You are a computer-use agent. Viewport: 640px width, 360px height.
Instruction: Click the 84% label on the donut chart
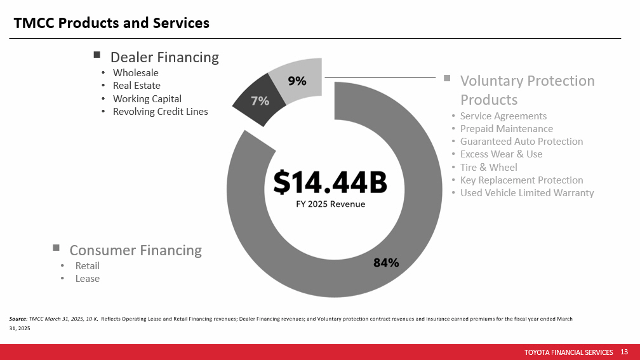386,263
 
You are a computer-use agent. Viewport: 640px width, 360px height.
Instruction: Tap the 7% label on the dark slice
260,101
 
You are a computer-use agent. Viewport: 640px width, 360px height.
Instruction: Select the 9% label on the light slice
297,81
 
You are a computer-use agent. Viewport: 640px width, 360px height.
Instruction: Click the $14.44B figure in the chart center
330,182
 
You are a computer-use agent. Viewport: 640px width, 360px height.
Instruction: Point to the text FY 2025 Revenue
331,204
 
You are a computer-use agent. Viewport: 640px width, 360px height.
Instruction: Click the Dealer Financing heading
164,58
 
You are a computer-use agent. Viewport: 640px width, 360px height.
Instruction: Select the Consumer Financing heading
135,250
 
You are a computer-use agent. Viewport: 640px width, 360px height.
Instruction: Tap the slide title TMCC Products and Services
112,23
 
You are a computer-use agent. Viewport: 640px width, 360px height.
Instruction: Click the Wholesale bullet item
135,72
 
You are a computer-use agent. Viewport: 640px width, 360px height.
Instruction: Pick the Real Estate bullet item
137,86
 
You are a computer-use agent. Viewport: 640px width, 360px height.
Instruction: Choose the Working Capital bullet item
147,99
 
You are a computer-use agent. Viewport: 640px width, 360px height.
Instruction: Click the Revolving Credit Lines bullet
161,112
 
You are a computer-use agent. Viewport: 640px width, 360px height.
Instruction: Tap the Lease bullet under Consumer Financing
88,279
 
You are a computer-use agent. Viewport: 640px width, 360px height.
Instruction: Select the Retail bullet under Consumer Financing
88,266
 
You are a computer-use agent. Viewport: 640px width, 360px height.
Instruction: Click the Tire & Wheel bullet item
489,168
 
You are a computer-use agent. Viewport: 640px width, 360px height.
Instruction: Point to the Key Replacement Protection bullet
522,180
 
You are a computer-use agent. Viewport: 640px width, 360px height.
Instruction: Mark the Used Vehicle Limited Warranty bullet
527,192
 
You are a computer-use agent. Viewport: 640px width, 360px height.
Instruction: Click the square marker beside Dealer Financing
97,55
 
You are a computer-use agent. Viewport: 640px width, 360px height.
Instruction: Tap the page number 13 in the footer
624,352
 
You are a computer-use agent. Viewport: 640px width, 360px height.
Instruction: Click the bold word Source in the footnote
18,319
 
